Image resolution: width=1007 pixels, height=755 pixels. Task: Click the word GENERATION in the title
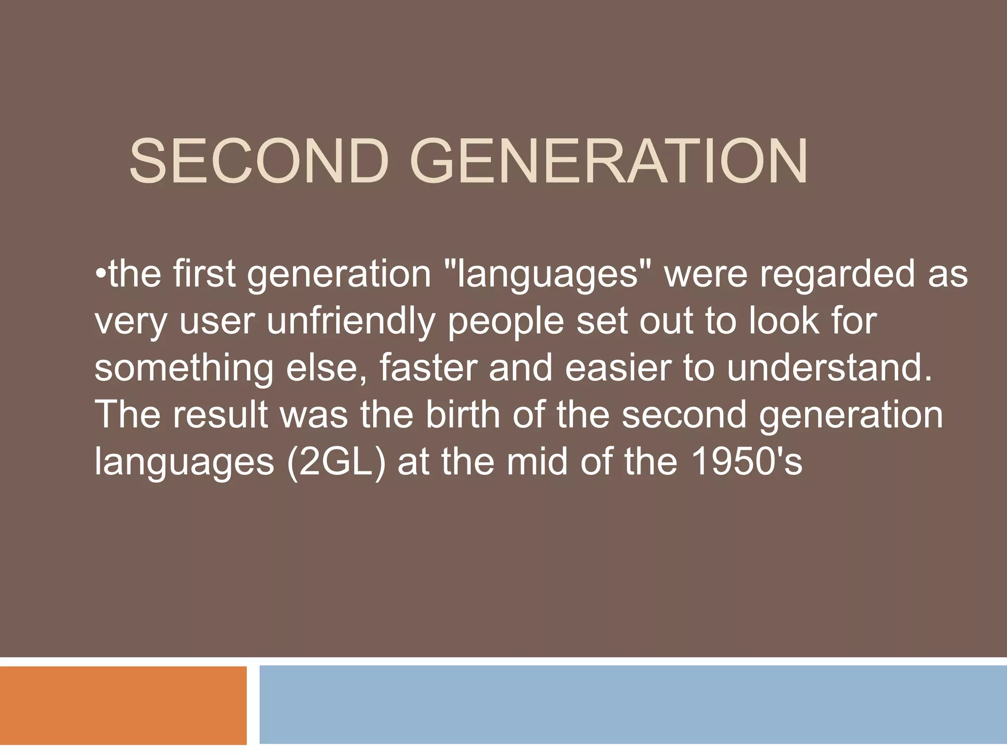(x=609, y=162)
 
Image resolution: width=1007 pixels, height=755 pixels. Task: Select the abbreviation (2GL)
(x=336, y=462)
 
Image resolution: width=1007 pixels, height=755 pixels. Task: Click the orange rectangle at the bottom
(x=123, y=705)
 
